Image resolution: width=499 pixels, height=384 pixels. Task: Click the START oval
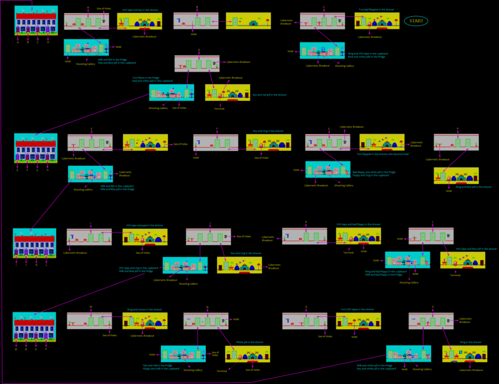416,21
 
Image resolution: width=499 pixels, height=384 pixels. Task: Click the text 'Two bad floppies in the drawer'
377,10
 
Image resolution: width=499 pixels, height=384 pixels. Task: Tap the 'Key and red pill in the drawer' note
269,95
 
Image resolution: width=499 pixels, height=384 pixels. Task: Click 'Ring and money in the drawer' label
145,309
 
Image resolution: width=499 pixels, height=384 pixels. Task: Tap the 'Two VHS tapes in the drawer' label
357,309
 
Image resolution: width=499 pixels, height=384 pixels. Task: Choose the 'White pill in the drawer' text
247,342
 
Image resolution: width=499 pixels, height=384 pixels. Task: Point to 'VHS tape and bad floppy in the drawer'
358,224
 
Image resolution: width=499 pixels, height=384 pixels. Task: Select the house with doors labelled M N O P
34,327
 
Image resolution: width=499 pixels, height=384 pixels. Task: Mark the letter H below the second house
47,170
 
